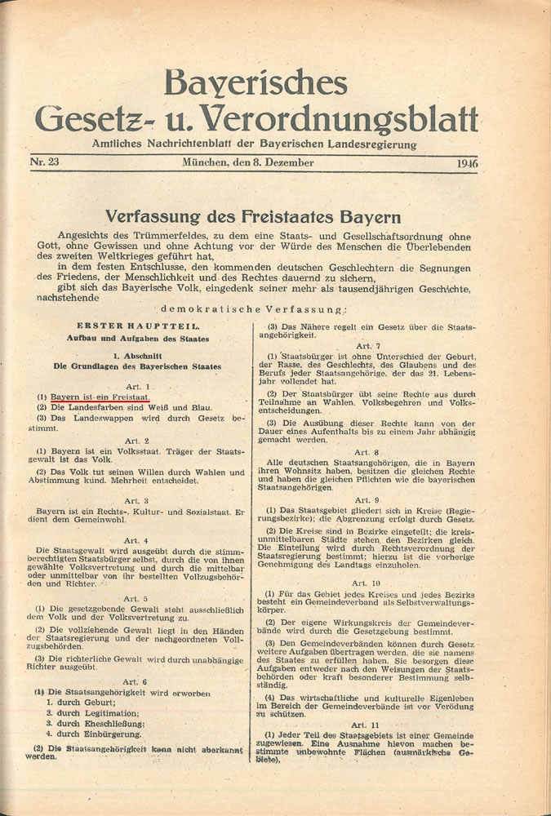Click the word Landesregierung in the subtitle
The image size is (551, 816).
372,144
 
